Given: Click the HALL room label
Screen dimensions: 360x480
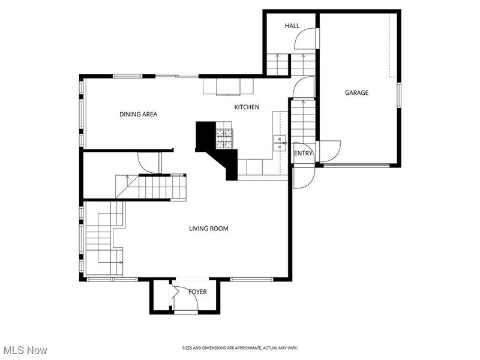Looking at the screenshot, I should (292, 26).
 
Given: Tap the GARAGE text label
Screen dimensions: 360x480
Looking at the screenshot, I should (356, 93).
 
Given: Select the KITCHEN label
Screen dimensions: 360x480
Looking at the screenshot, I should (247, 107).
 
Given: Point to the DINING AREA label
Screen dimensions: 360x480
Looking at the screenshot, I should (138, 114).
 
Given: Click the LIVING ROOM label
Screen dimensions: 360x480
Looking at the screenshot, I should (208, 229).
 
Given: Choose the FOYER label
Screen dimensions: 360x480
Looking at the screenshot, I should (197, 292).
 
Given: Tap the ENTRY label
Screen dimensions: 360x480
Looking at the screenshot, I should (303, 154).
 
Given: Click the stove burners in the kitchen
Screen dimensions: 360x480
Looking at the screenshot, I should (224, 139).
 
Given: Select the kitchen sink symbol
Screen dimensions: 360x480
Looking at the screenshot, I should (280, 142).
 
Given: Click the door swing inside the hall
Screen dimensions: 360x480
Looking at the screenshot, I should (306, 39).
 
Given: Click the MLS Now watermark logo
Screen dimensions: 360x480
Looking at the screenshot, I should (25, 349).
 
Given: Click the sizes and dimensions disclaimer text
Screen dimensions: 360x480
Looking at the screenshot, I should (240, 348).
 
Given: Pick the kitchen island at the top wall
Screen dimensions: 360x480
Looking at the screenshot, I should (228, 86).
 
